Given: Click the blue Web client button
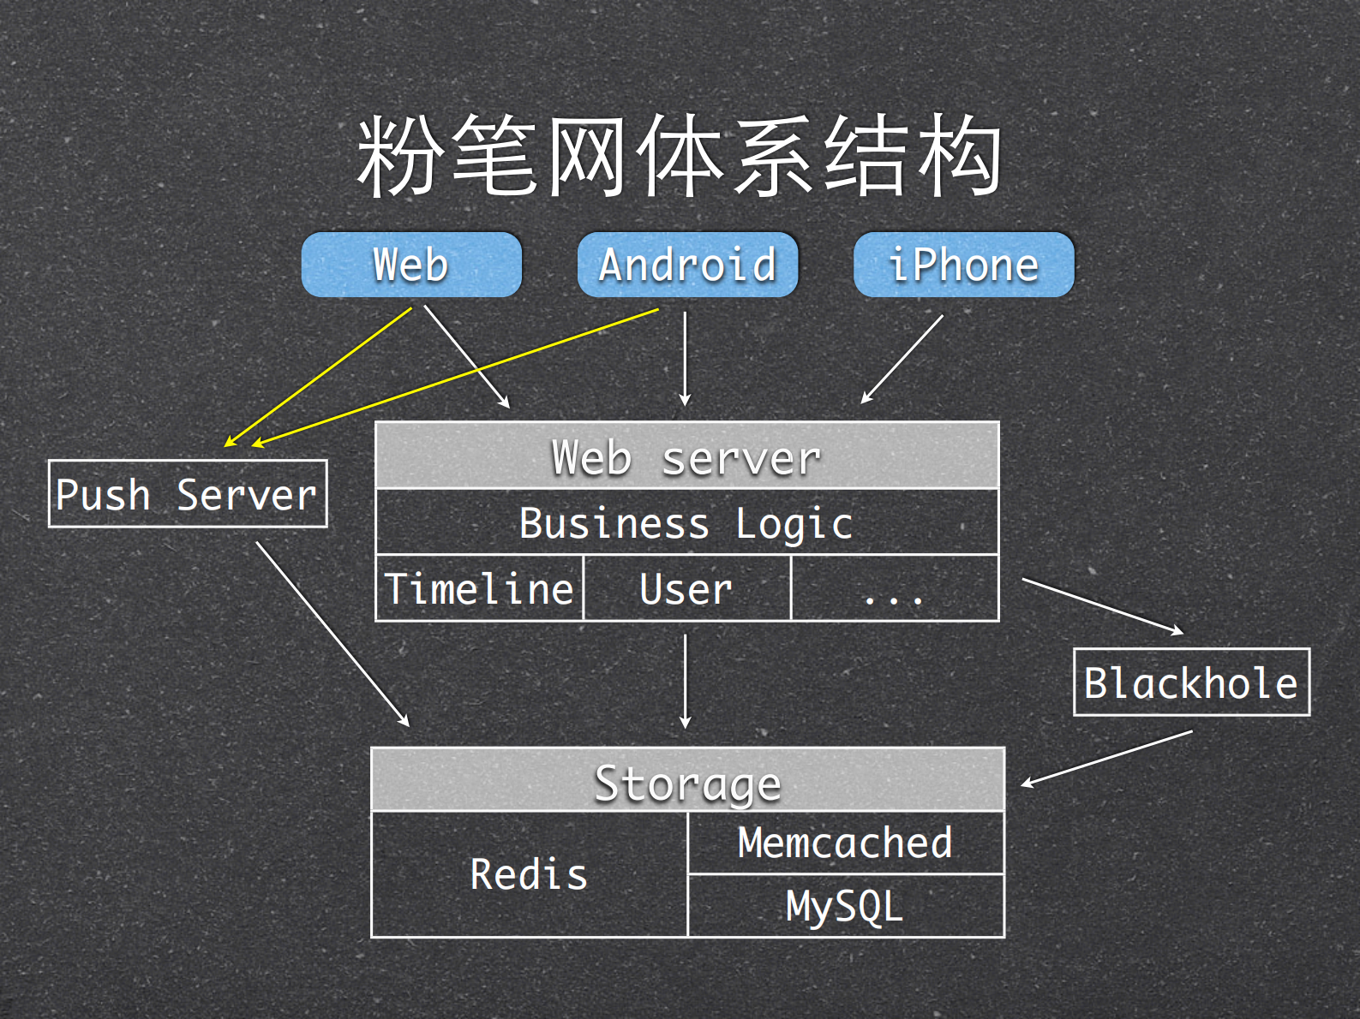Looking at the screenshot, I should (x=411, y=265).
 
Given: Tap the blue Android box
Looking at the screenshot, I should (x=687, y=265).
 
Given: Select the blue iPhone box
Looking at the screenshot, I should (x=963, y=265).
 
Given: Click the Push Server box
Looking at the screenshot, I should (x=188, y=494).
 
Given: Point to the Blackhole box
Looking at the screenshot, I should (x=1191, y=682).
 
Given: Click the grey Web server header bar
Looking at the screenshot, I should (x=686, y=456).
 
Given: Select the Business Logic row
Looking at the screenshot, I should (x=686, y=522).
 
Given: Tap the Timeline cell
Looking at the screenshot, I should (x=480, y=588).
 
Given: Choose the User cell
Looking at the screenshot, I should (x=686, y=588).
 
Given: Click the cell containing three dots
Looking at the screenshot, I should (x=895, y=588).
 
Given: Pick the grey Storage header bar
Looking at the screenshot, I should (x=687, y=780).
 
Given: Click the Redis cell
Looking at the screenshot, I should (x=529, y=874).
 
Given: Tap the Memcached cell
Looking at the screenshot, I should (x=845, y=843).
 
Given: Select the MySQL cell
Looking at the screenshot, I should (x=845, y=906).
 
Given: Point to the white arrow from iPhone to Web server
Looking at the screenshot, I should (x=902, y=359).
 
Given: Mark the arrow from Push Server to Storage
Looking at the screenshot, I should (x=333, y=635).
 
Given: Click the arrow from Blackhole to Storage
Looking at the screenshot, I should (x=1105, y=759).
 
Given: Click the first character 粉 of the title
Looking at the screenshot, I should (x=398, y=157).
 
